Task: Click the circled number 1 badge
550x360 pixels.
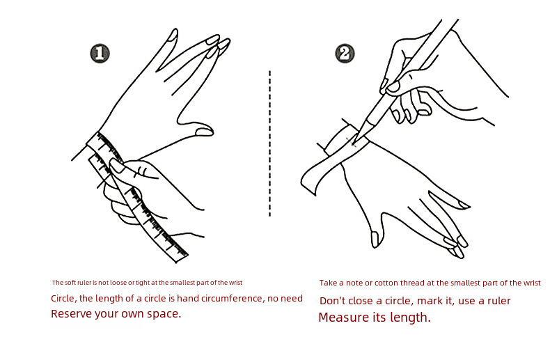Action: tap(100, 54)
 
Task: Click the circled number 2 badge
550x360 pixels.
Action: tap(345, 54)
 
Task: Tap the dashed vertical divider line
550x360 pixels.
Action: tap(269, 143)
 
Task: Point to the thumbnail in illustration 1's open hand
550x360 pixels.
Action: tap(204, 132)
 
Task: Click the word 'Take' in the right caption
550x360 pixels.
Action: tap(328, 283)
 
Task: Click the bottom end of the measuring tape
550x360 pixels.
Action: tap(182, 258)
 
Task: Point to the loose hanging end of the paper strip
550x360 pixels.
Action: tap(308, 182)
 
